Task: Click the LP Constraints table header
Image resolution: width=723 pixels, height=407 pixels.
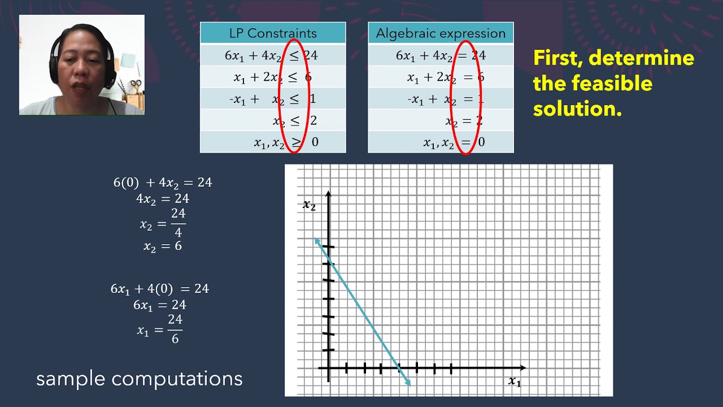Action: (273, 33)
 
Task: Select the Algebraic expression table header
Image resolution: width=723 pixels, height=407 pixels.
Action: (441, 33)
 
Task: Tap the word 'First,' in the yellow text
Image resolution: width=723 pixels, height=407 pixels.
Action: (559, 58)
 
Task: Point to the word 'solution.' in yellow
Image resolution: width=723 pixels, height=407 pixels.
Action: (577, 109)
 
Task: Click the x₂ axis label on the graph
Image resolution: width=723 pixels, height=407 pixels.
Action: (309, 205)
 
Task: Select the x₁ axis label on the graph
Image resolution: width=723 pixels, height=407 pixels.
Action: (514, 382)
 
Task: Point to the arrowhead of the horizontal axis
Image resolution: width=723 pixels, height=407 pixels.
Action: (522, 368)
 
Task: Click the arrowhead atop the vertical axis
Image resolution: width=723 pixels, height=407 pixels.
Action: (328, 195)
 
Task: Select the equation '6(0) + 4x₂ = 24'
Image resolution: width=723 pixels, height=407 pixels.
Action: (163, 183)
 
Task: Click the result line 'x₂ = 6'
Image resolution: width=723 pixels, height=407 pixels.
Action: (163, 246)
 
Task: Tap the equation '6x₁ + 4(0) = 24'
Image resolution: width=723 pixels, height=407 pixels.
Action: (160, 289)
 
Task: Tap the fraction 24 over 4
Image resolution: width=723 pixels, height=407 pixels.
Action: (178, 223)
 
